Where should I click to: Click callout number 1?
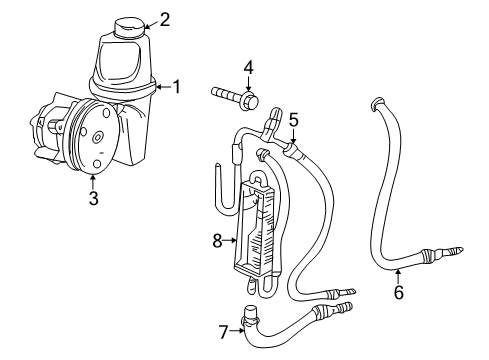point(176,87)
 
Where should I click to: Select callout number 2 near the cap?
point(165,18)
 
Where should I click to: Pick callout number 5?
point(293,119)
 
